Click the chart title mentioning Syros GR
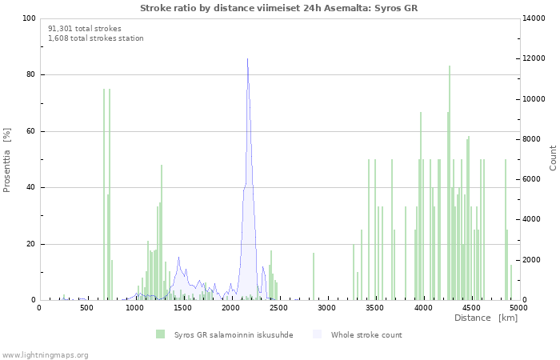click(278, 8)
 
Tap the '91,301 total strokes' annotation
click(85, 29)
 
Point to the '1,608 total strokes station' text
click(96, 38)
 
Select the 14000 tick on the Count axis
click(534, 18)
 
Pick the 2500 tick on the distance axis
click(278, 308)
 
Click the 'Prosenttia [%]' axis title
click(6, 160)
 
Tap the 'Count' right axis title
click(553, 158)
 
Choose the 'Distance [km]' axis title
click(486, 318)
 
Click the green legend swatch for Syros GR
click(160, 334)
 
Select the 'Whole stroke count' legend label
click(366, 335)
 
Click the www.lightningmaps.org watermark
click(44, 355)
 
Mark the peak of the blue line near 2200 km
click(247, 59)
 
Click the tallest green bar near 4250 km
click(450, 183)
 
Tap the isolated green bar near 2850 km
click(314, 277)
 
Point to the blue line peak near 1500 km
click(178, 257)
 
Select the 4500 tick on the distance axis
click(471, 308)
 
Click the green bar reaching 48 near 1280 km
click(162, 233)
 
